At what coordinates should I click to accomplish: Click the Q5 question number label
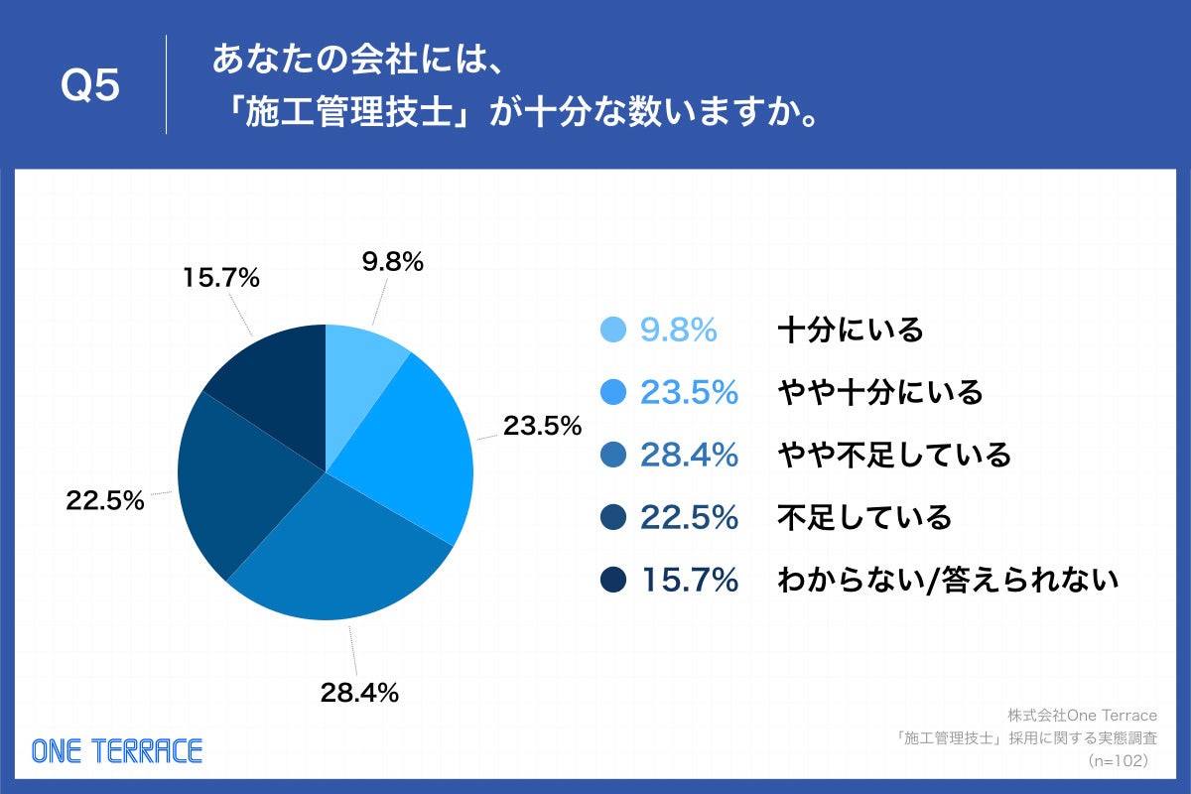[x=90, y=87]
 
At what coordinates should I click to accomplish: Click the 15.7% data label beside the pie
[x=220, y=279]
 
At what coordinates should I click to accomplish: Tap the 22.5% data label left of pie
[x=105, y=501]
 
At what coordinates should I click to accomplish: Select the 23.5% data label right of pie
[x=541, y=426]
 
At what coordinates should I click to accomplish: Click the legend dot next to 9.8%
[x=614, y=330]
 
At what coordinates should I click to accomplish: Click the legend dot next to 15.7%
[x=614, y=580]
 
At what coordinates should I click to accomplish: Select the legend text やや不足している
[x=894, y=455]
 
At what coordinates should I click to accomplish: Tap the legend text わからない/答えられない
[x=948, y=580]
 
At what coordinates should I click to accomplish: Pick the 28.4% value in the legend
[x=690, y=455]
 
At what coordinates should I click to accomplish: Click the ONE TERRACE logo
[x=117, y=750]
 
